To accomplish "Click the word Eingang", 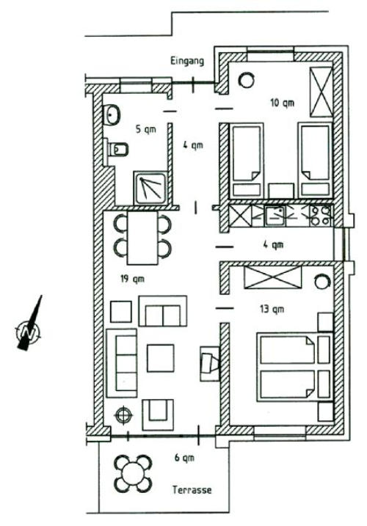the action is click(x=187, y=62).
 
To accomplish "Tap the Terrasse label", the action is click(x=192, y=490).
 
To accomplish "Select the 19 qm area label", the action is click(x=132, y=279).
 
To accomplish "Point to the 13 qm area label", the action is click(x=272, y=309).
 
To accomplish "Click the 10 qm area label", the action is click(x=282, y=103).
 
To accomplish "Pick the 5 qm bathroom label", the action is click(x=146, y=129).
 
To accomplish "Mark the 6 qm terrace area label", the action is click(x=184, y=458).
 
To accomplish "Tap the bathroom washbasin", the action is click(x=111, y=114).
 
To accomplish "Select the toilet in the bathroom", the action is click(x=116, y=149).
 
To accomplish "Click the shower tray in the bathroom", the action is click(x=150, y=188).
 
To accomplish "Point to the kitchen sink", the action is click(x=275, y=216).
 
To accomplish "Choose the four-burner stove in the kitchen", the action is click(x=320, y=216).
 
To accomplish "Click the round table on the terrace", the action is click(x=133, y=474).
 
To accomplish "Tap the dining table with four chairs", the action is click(x=142, y=238).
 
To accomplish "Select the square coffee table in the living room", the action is click(x=161, y=358).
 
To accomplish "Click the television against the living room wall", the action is click(x=210, y=364).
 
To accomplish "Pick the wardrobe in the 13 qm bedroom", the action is click(x=273, y=277).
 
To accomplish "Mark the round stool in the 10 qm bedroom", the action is click(x=247, y=80).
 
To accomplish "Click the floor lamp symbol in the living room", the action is click(x=123, y=416).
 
